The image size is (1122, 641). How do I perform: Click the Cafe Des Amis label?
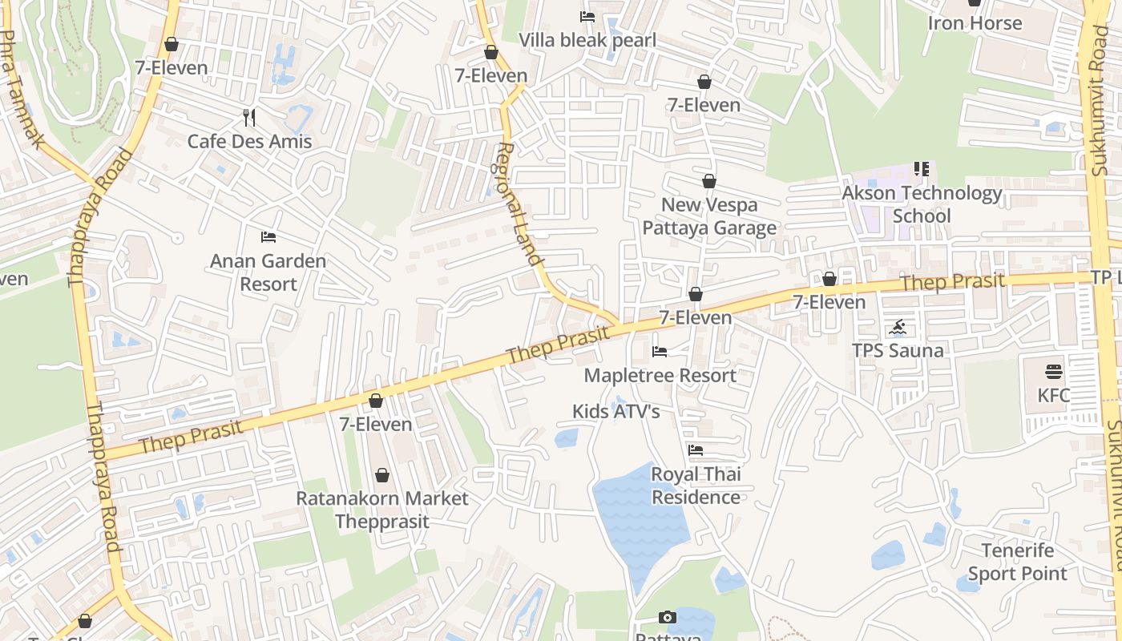[249, 142]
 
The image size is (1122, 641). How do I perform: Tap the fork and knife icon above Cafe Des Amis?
[249, 118]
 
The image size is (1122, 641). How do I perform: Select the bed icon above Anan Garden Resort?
[268, 237]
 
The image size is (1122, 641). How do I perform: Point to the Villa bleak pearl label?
[587, 40]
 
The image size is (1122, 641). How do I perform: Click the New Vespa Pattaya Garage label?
[709, 216]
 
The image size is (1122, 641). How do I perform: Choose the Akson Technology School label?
[922, 204]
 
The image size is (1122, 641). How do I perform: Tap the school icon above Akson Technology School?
[922, 169]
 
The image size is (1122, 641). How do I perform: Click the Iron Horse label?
[975, 23]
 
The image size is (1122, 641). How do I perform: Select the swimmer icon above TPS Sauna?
[898, 327]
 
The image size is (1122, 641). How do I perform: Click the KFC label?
[1053, 395]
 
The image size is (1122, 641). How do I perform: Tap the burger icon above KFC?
[1053, 372]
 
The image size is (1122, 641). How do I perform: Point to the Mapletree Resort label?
[660, 375]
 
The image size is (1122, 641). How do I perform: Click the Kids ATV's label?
[615, 411]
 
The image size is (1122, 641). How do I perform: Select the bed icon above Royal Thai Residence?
[695, 451]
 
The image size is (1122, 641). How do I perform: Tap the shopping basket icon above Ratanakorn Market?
[382, 475]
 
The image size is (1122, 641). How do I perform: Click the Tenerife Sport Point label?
[1018, 562]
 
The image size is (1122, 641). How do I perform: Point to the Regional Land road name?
[518, 204]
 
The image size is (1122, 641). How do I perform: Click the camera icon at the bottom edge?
[667, 617]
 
